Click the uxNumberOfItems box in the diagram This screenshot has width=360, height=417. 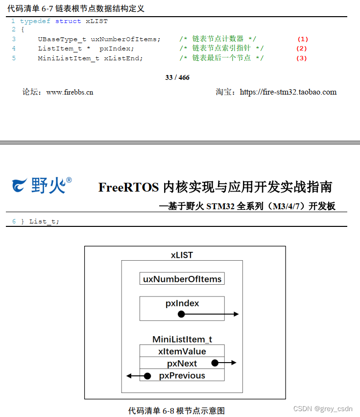pos(182,279)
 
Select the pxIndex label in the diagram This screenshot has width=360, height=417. pos(182,303)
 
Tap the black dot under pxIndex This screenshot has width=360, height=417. pos(181,314)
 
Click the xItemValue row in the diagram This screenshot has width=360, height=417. pos(182,351)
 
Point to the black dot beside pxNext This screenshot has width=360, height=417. pos(215,363)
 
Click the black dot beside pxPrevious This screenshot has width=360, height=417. pos(147,376)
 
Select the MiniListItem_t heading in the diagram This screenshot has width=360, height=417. pos(182,339)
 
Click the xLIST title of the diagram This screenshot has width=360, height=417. pos(182,255)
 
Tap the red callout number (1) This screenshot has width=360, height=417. pos(303,39)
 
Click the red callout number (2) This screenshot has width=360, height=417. pos(301,49)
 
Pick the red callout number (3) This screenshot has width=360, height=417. pos(301,58)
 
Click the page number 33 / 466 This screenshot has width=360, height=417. pos(177,77)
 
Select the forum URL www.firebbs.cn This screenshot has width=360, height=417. pos(70,92)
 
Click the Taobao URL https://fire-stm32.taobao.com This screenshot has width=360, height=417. pos(288,92)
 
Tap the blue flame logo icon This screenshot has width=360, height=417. pos(20,186)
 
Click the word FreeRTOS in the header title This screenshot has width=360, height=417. pos(128,187)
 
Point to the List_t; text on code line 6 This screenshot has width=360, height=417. pos(44,221)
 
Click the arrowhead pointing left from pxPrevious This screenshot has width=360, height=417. pos(129,376)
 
